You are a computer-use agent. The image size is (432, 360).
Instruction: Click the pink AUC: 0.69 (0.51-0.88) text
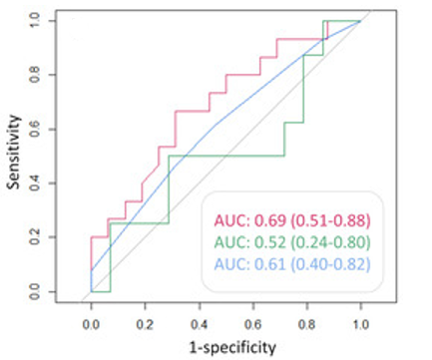click(292, 220)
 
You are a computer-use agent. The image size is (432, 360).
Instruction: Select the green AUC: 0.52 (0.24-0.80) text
click(292, 242)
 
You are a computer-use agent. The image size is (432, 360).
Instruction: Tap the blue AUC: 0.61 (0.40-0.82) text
click(292, 264)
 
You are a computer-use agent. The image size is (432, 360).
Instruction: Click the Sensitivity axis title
click(14, 152)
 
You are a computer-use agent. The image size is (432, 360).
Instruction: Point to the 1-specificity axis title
click(232, 347)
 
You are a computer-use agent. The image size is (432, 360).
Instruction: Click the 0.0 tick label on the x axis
click(91, 324)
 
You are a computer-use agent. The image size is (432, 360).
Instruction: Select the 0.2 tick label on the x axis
click(145, 324)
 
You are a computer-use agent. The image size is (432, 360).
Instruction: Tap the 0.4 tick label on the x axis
click(199, 324)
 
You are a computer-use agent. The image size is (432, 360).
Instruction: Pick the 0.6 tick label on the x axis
click(252, 324)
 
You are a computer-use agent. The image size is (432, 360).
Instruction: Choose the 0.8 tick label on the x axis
click(306, 324)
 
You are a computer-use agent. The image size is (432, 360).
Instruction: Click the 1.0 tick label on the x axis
click(360, 324)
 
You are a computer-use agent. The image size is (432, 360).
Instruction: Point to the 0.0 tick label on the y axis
click(35, 291)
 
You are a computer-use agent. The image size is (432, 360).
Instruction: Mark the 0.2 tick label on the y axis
click(35, 237)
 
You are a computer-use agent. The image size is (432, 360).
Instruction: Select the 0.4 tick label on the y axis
click(35, 182)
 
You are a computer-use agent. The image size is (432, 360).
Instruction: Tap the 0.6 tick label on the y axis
click(35, 129)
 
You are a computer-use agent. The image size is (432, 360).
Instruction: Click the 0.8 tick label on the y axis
click(35, 75)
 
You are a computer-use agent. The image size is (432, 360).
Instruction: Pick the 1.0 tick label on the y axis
click(35, 21)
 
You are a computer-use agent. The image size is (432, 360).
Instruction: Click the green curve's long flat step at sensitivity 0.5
click(226, 156)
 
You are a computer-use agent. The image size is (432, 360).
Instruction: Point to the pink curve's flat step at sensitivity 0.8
click(243, 75)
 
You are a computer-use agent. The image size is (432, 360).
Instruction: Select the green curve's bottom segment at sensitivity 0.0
click(101, 291)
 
